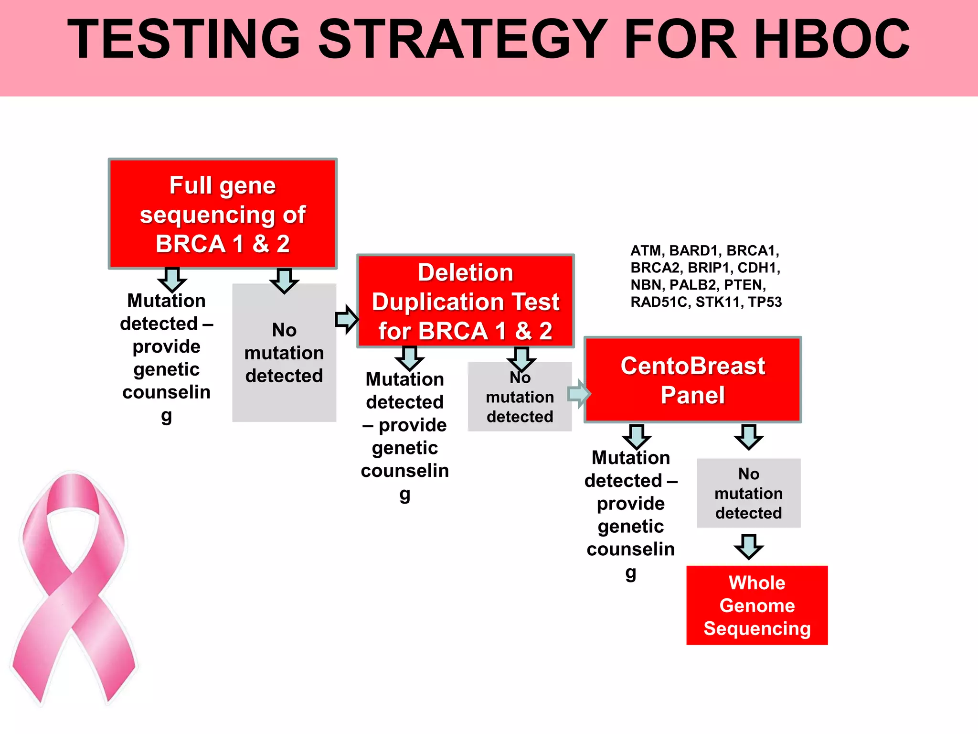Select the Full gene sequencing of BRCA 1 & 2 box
pyautogui.click(x=223, y=214)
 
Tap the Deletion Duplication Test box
pyautogui.click(x=466, y=301)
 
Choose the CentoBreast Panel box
pyautogui.click(x=692, y=380)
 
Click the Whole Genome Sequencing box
pyautogui.click(x=757, y=605)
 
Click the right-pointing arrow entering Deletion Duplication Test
pyautogui.click(x=347, y=319)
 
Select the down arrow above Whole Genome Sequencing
pyautogui.click(x=748, y=547)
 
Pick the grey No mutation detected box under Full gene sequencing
pyautogui.click(x=284, y=353)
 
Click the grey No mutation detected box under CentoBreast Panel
pyautogui.click(x=748, y=493)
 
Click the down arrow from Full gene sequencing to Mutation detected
pyautogui.click(x=172, y=280)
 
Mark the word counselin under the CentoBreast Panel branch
pyautogui.click(x=630, y=549)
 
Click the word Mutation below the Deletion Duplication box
pyautogui.click(x=405, y=379)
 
